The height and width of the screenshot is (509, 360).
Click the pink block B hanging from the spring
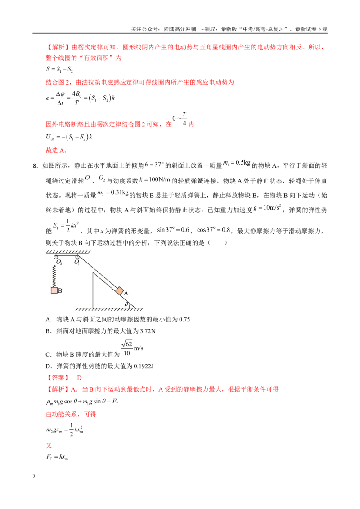coord(54,290)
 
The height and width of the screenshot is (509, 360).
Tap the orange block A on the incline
coord(120,290)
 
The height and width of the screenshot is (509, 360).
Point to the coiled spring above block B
coord(54,276)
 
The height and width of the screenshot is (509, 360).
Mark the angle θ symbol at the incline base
coord(127,304)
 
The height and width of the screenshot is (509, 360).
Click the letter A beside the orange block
coord(126,293)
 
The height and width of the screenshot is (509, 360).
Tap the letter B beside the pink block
coord(60,290)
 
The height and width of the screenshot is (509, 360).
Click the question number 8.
coord(35,165)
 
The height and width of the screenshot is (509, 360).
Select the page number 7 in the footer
coord(34,476)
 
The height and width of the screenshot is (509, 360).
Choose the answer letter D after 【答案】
coord(79,378)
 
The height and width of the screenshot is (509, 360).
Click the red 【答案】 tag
coord(58,378)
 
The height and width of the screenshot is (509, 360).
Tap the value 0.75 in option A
coord(184,319)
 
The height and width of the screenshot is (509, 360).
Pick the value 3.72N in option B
coord(148,331)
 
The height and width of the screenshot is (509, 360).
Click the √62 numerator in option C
coord(127,344)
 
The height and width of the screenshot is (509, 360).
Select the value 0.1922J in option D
coord(144,366)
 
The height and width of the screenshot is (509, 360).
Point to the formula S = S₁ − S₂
coord(59,69)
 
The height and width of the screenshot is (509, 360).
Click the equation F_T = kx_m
coord(57,457)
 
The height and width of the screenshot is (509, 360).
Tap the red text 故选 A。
coord(57,150)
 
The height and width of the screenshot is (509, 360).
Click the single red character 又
coord(49,445)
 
